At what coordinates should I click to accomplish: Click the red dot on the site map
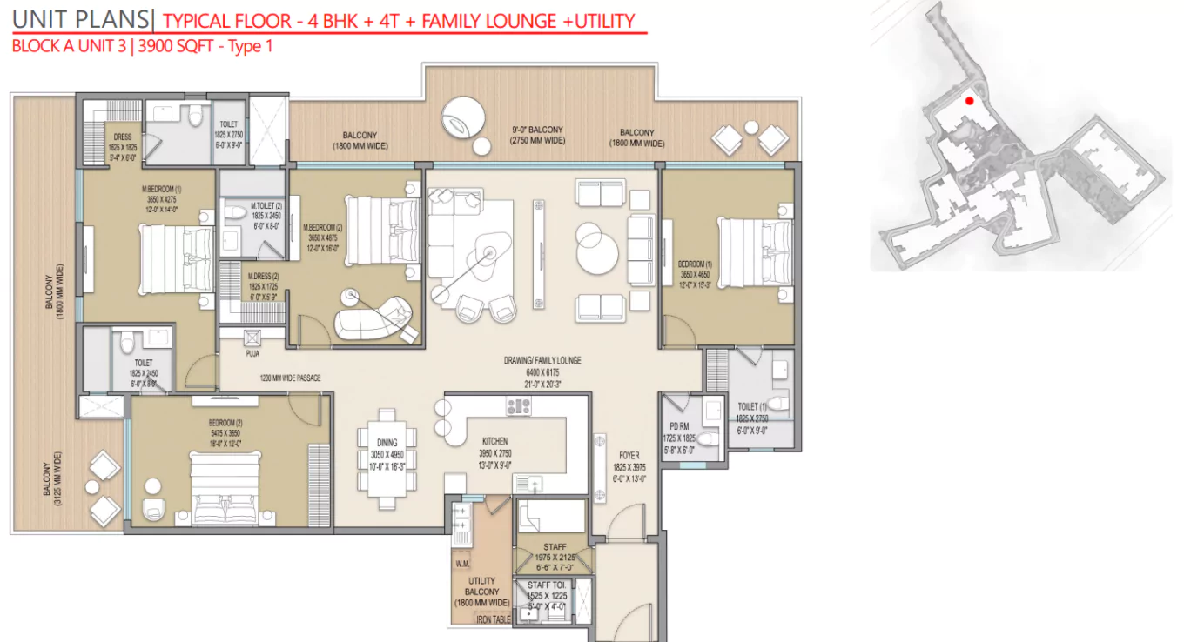969,101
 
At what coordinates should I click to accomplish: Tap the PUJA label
252,354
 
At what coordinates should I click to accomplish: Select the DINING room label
387,443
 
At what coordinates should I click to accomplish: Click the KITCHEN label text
494,442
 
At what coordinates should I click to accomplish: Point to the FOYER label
629,455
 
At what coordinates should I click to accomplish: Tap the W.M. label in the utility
461,563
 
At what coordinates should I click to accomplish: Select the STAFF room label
555,547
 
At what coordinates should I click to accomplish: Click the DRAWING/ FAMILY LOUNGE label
542,360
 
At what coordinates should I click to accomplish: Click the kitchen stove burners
519,405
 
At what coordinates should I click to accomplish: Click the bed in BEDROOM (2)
225,492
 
